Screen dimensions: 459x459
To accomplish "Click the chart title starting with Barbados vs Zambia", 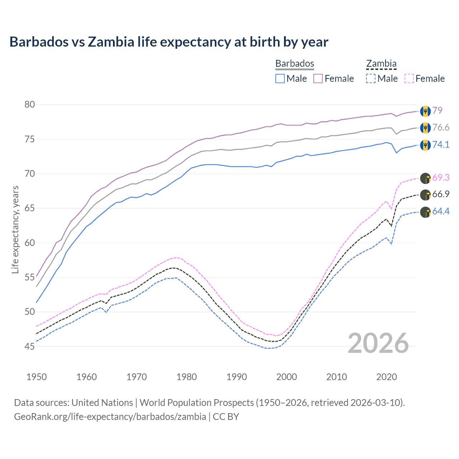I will point(169,42).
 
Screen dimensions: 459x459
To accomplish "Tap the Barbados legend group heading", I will point(294,63).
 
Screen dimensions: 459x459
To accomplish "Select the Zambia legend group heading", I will point(381,63).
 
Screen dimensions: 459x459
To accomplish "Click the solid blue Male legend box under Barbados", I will point(280,79).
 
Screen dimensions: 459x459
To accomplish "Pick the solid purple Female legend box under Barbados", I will point(318,79).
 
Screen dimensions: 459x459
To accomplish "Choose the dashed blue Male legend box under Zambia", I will point(371,79).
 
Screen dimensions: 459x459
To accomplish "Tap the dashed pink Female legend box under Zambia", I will point(409,79).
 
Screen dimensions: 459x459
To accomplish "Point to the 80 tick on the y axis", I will point(30,104).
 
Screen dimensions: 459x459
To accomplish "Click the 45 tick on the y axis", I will point(30,346).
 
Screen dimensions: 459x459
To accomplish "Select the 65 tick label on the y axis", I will point(30,208).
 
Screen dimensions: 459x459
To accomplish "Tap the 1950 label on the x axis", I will point(37,377).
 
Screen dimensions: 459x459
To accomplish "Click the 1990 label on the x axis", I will point(237,377).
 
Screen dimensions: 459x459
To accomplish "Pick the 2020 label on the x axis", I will point(387,377).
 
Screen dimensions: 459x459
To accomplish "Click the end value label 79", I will point(437,110).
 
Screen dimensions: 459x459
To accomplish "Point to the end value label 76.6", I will point(441,128).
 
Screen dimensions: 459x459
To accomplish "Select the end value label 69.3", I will point(441,178).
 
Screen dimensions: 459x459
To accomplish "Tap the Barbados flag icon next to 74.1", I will point(425,145).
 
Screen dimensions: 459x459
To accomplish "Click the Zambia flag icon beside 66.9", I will point(425,195).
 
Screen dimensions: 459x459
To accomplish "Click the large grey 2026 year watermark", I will point(378,343).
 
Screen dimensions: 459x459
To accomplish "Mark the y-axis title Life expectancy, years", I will point(15,229).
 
